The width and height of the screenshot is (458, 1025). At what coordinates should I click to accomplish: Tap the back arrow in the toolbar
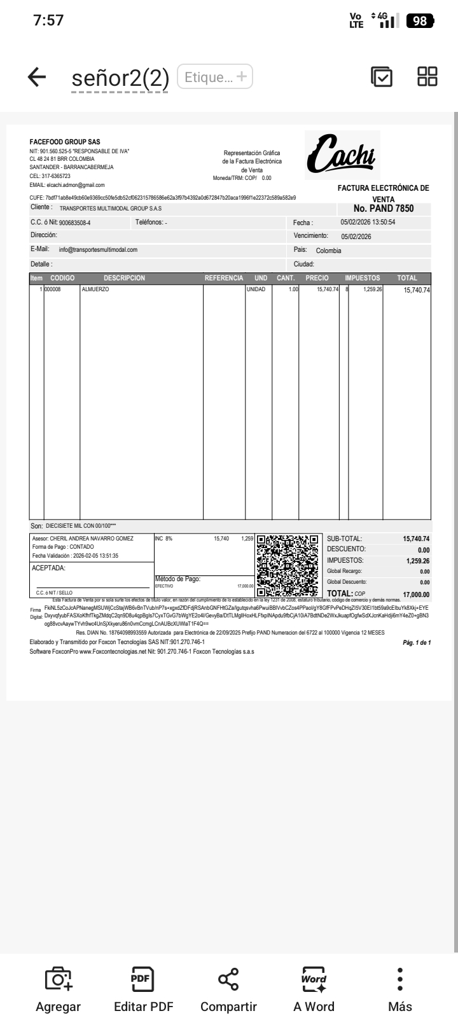coord(37,78)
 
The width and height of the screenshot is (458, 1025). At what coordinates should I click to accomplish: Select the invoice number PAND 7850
coord(384,209)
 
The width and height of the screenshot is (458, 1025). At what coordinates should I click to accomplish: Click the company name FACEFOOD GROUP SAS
coord(65,142)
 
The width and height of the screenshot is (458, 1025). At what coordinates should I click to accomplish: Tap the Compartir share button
coord(228,990)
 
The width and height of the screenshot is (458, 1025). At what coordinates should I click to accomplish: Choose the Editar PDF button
coord(143,990)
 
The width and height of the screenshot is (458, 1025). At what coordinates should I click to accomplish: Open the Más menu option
coord(400,990)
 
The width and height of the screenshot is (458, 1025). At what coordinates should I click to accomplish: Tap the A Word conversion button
coord(314,990)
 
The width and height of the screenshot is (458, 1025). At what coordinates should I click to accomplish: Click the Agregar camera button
coord(59,990)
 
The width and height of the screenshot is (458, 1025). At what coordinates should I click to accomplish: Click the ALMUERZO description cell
coord(95,290)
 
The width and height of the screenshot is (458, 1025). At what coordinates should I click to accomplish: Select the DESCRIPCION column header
coord(125,279)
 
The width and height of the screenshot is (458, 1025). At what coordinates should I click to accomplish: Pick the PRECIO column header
coord(317,279)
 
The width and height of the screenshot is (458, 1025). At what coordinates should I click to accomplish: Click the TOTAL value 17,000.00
coord(416,595)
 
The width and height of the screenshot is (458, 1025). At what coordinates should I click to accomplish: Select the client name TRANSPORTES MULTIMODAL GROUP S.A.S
coord(111,209)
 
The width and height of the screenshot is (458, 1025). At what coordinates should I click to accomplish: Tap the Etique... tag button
coord(215,77)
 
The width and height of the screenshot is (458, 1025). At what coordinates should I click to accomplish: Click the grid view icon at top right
coord(427,77)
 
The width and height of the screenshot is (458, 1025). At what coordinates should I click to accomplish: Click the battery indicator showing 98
coord(420,21)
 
